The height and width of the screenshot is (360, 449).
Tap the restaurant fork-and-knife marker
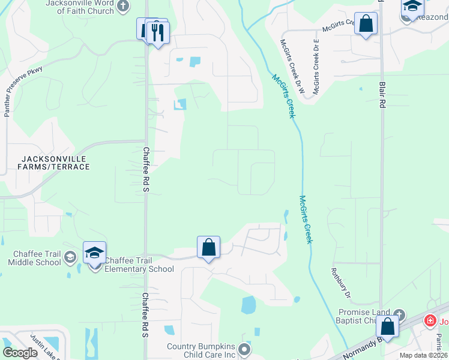(157, 32)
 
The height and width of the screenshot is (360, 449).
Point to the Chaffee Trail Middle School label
(35, 258)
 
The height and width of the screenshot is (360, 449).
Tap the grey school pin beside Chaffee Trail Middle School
(70, 257)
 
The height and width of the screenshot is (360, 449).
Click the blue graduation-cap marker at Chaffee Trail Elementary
(94, 253)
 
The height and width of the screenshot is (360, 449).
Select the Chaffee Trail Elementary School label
(139, 265)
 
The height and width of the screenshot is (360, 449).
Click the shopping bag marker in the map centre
(208, 247)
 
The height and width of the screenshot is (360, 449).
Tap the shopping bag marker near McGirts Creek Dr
(366, 24)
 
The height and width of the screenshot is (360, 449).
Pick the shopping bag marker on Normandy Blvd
(388, 328)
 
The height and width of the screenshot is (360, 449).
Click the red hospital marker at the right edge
(430, 321)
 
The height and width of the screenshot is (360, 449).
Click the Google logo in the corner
(20, 352)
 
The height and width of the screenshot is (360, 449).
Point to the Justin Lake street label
(44, 346)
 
